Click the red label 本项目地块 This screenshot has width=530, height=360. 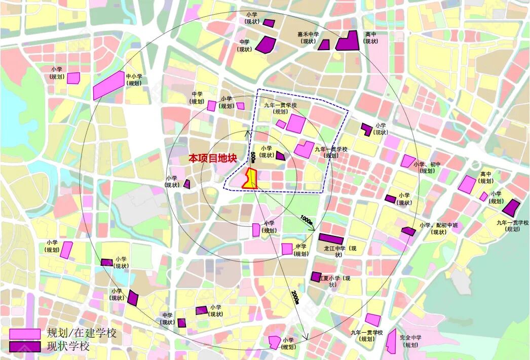(x=213, y=158)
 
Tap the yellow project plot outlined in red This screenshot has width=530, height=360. (x=251, y=179)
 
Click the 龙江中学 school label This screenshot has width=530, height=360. (x=340, y=249)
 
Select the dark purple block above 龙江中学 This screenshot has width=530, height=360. (x=331, y=238)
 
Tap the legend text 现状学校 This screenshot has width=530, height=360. (x=68, y=347)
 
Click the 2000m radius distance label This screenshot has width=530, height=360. (x=295, y=298)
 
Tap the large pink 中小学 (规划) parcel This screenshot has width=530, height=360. (x=109, y=85)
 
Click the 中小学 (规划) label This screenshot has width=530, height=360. (x=134, y=80)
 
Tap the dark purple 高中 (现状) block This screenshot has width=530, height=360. (x=348, y=41)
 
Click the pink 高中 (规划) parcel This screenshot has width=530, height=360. (x=467, y=184)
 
